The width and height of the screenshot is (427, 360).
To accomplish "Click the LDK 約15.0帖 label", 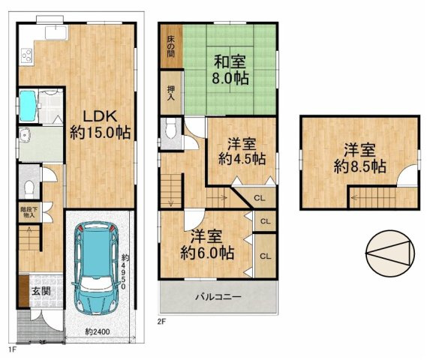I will [x=101, y=124].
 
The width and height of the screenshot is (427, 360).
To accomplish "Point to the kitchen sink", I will [x=56, y=32].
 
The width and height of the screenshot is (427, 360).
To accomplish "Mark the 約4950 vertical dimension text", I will [x=125, y=268].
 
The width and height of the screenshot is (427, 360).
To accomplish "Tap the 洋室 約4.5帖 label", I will [x=242, y=151].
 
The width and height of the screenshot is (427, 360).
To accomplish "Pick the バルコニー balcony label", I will [x=218, y=297].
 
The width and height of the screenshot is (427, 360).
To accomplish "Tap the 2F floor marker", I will [x=161, y=321].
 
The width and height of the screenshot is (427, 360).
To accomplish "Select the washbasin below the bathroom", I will [x=26, y=136].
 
